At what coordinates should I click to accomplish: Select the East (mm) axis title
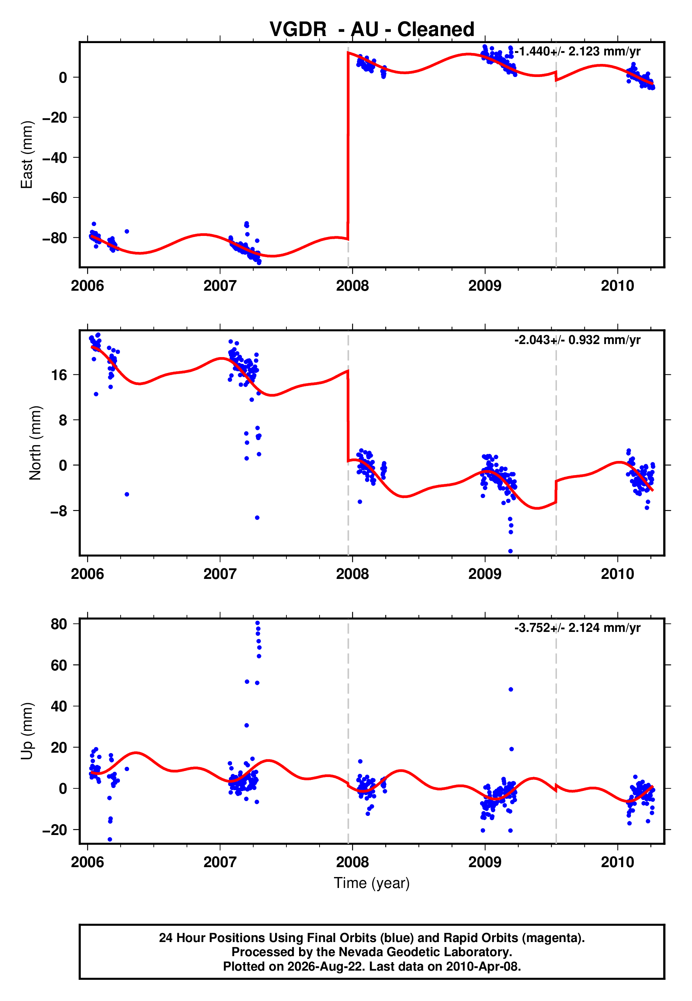tap(27, 155)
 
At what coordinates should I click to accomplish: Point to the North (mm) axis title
tap(35, 443)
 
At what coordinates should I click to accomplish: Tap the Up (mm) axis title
tap(27, 731)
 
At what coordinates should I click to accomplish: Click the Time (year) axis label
tap(372, 883)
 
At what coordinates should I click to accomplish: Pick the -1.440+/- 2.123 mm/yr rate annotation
tap(577, 51)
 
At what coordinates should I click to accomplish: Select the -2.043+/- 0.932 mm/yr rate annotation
tap(577, 339)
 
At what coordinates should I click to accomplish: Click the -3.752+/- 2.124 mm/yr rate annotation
tap(577, 628)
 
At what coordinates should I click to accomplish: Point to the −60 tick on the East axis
tap(55, 198)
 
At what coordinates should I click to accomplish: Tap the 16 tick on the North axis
tap(59, 375)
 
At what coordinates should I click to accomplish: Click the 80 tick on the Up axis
tap(59, 624)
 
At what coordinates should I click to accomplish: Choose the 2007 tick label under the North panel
tap(220, 574)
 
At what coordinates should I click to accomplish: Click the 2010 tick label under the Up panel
tap(618, 862)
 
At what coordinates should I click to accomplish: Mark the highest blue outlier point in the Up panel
tap(257, 623)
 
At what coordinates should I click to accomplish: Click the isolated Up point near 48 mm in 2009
tap(511, 689)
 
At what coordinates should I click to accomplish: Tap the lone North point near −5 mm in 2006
tap(127, 494)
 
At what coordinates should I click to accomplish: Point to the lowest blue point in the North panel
tap(510, 551)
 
